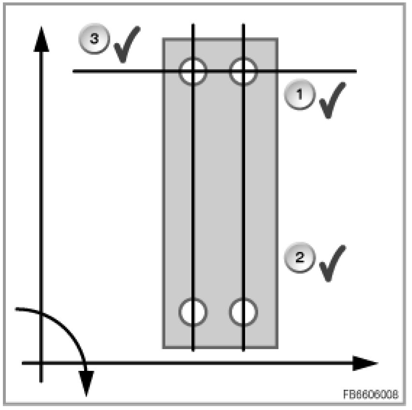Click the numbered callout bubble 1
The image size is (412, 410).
pos(298,95)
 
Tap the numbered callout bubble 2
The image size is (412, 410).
pos(298,257)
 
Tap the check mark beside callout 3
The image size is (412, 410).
pos(126,44)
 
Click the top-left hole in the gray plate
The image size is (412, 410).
pos(193,72)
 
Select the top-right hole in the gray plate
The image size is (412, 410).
pos(243,72)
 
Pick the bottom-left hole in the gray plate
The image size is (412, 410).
pos(193,311)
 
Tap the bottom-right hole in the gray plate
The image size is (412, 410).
pos(243,311)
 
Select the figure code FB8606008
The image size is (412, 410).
pos(371,395)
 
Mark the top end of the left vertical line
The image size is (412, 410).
pos(193,24)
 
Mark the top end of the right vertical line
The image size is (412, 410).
pos(243,24)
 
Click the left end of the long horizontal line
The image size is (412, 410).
pos(74,72)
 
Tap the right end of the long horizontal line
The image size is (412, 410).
pos(356,72)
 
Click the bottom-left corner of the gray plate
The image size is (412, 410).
pos(163,347)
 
